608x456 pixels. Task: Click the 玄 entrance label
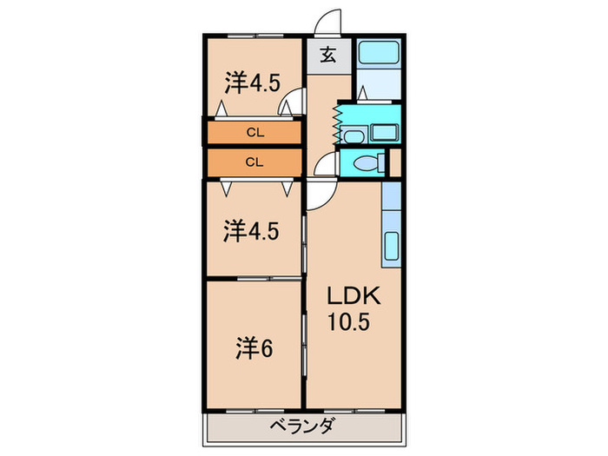tap(328, 56)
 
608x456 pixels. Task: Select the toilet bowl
tap(365, 162)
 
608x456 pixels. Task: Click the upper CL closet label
tap(254, 133)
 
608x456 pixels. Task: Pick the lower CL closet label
tap(254, 162)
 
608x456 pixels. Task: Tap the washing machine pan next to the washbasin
tap(382, 134)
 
